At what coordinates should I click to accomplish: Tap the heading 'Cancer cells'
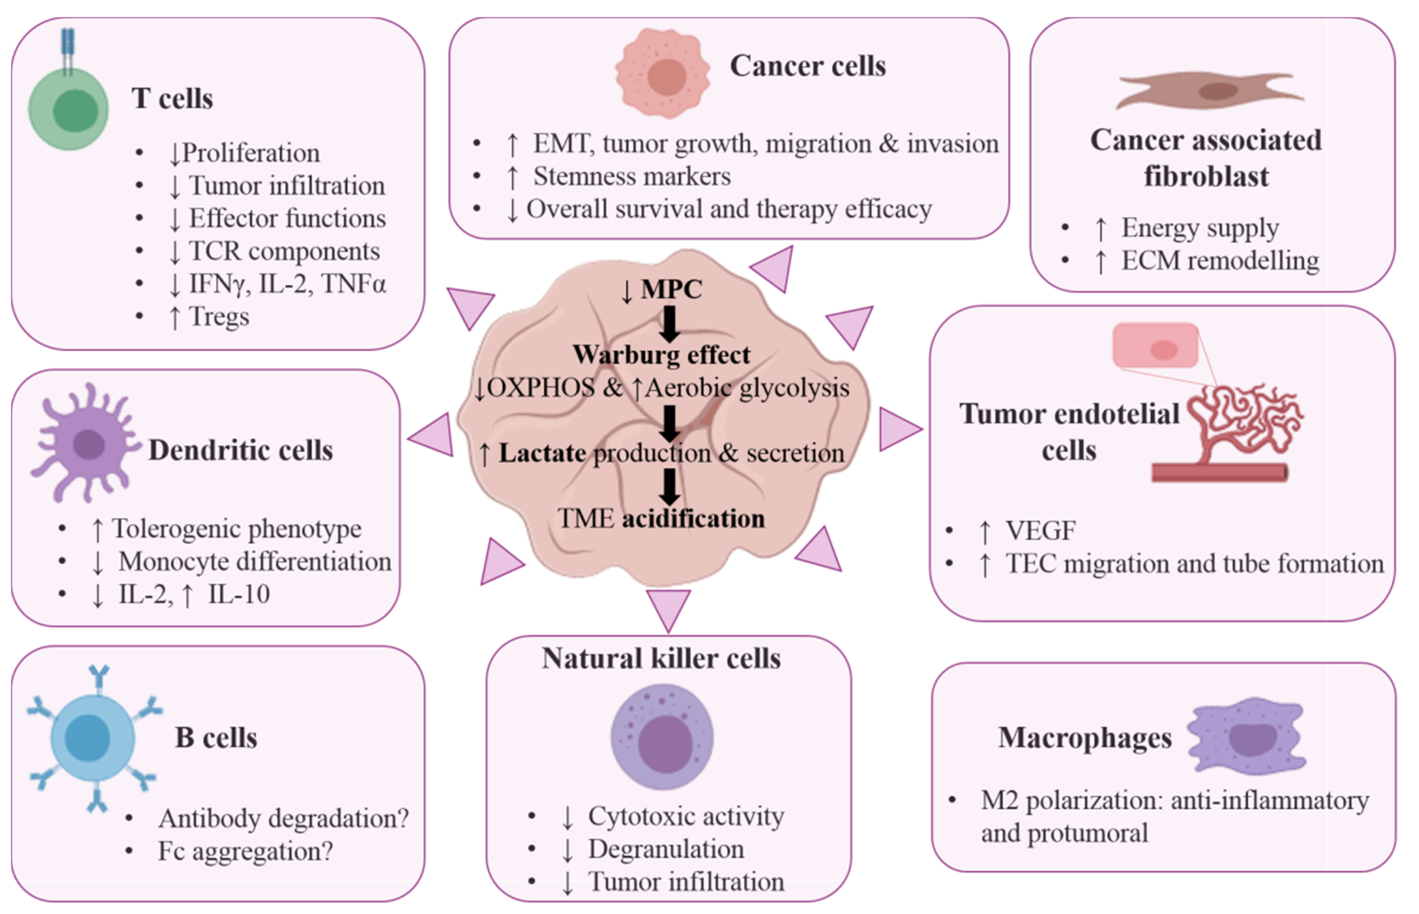click(807, 66)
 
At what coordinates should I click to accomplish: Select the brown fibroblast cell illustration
click(1209, 91)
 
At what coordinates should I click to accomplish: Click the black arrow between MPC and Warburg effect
click(670, 324)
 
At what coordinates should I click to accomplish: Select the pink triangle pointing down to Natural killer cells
click(669, 609)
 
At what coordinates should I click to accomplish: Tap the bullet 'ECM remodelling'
click(1219, 260)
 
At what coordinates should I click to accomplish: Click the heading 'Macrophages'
click(1085, 738)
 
